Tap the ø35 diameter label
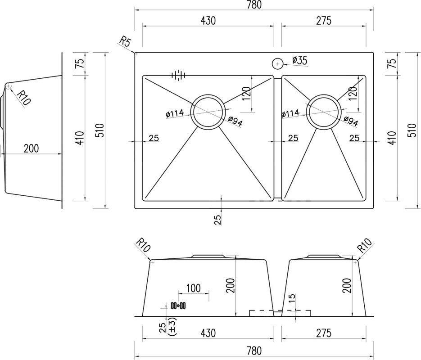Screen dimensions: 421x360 click(x=299, y=60)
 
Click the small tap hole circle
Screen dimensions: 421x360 click(x=278, y=64)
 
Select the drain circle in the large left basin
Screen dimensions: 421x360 click(x=207, y=111)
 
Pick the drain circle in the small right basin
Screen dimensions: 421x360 click(x=324, y=111)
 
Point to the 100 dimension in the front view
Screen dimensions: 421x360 click(x=193, y=288)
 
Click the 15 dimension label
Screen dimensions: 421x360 click(x=292, y=298)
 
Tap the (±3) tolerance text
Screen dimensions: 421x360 click(x=172, y=326)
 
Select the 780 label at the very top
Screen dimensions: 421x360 click(x=254, y=4)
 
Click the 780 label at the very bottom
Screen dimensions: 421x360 click(x=254, y=351)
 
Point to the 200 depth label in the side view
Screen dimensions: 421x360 click(x=31, y=148)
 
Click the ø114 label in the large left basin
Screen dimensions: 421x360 click(x=175, y=113)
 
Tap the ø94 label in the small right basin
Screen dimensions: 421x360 click(x=351, y=121)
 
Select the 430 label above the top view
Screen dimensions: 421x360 click(x=208, y=21)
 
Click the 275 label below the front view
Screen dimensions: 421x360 click(x=324, y=333)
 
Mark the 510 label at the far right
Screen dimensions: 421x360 click(x=412, y=130)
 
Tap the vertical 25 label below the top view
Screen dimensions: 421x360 click(x=218, y=220)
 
